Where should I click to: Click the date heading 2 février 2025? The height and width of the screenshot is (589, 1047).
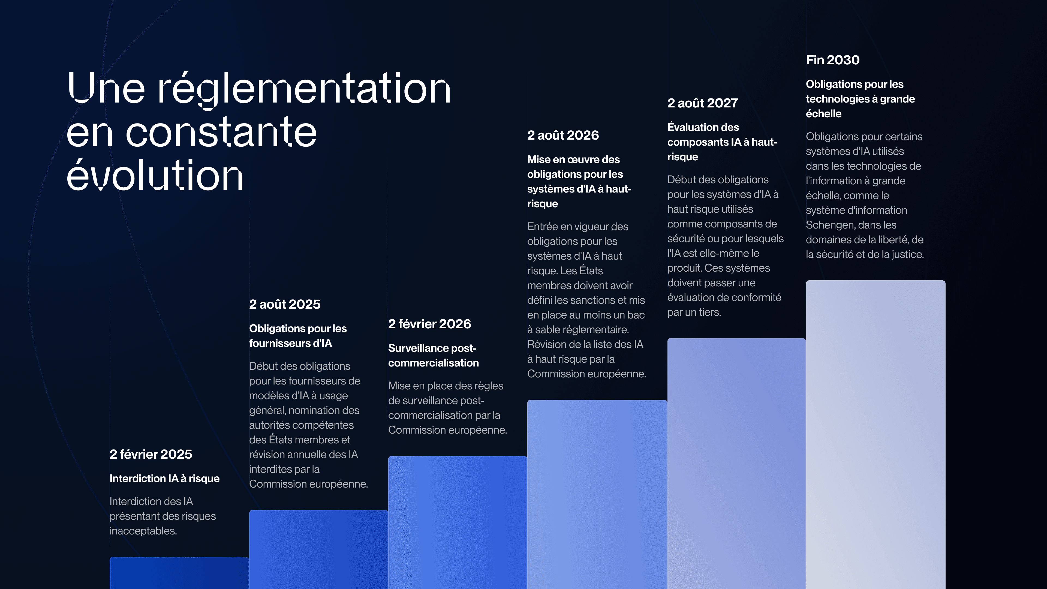[x=151, y=454]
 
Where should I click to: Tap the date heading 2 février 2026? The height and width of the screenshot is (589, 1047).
[x=430, y=324]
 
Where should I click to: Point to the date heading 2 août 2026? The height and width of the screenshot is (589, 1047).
[x=563, y=135]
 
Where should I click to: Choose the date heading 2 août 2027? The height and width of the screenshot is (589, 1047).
[x=703, y=103]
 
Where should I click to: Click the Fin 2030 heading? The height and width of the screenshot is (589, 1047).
[x=833, y=60]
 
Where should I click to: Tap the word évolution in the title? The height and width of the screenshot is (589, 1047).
[x=155, y=175]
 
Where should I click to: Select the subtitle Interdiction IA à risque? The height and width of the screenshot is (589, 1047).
[x=165, y=479]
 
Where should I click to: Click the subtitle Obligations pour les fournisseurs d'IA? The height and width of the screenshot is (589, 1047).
[x=298, y=336]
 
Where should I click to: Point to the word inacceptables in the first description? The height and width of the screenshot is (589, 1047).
[x=143, y=531]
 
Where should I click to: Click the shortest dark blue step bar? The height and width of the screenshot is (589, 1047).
[x=179, y=573]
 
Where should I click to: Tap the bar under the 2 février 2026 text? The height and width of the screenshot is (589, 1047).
[x=458, y=522]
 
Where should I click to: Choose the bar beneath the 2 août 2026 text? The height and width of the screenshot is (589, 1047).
[x=597, y=494]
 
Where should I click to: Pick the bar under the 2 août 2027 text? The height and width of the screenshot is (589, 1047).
[x=736, y=463]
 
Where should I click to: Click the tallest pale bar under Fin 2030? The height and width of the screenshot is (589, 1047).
[x=875, y=435]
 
